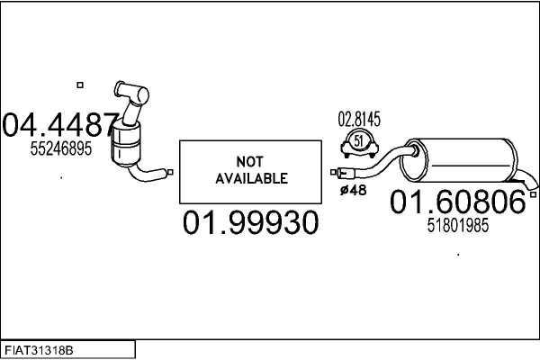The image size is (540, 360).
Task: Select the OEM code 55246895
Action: coord(61,149)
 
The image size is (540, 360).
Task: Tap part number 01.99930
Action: coord(251,222)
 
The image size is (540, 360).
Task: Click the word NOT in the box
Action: coord(250,161)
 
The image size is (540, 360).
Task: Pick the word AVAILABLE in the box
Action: coord(251,178)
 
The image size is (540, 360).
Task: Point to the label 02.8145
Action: coord(359,119)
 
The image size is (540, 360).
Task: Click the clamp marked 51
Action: coord(359,142)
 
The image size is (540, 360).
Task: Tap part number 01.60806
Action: coord(457,203)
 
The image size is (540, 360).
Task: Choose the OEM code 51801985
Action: coord(457,227)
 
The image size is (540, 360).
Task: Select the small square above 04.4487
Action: coord(79,85)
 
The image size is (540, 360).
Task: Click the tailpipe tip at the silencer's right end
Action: coord(535,188)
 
